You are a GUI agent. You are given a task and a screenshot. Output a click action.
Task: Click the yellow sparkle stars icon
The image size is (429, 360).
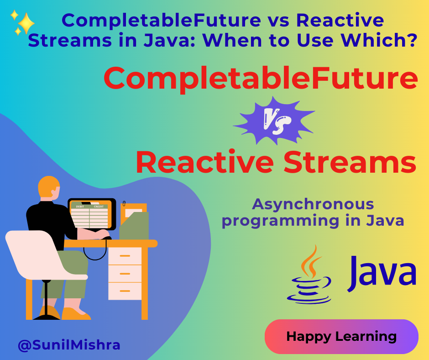(x=23, y=23)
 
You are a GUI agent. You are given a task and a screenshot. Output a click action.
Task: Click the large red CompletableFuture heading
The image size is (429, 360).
(x=261, y=79)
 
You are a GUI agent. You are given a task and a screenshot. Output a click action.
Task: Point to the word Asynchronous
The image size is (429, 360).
(x=313, y=204)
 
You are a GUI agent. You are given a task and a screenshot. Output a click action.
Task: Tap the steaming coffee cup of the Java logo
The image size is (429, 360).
(x=309, y=279)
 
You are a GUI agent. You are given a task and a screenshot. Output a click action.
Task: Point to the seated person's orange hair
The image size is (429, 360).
(x=48, y=186)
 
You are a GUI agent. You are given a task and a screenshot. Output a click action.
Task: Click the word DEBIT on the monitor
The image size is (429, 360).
(x=80, y=206)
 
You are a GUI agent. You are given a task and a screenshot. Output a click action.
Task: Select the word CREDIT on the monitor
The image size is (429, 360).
(x=99, y=206)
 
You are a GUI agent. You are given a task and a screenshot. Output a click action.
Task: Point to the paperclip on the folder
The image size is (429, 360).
(x=124, y=204)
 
